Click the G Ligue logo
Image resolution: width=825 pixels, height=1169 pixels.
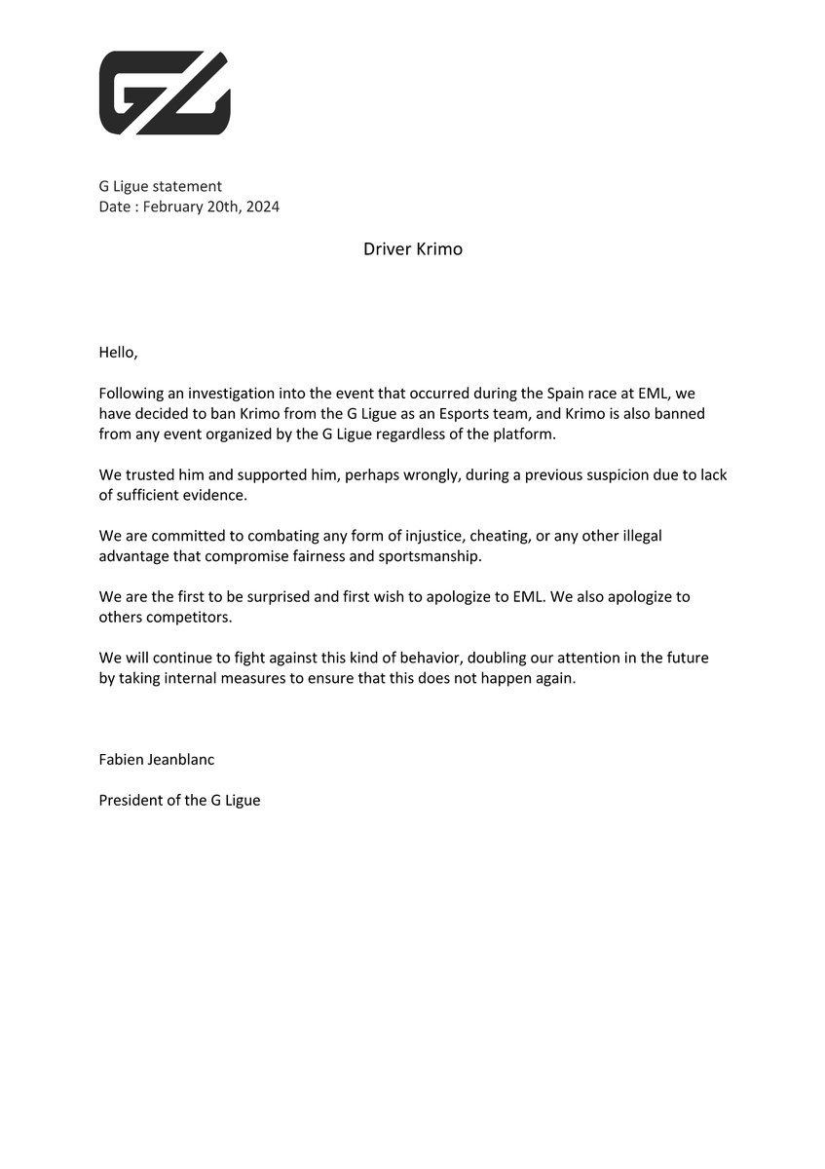(165, 93)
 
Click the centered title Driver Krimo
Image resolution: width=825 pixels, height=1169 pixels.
(413, 249)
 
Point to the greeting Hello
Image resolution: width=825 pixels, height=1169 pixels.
(119, 352)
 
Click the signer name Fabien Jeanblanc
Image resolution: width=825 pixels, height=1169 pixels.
(156, 759)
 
